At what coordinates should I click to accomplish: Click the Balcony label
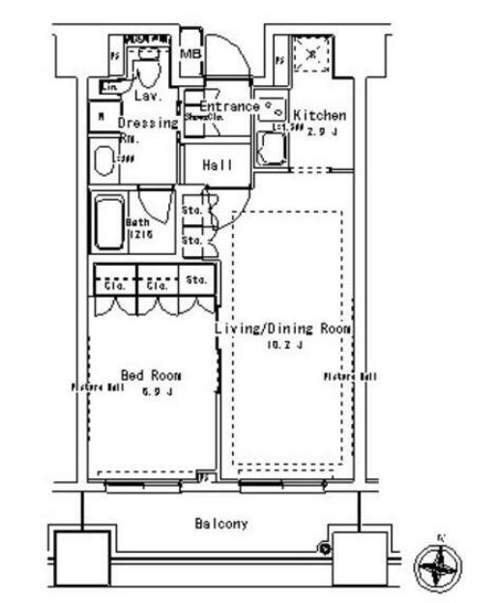tap(220, 524)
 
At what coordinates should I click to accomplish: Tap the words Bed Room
tap(152, 374)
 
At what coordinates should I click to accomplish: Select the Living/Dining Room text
tap(281, 329)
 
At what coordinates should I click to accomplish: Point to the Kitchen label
tap(319, 115)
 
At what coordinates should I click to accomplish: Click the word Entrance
tap(229, 106)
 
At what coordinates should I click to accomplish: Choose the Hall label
tap(218, 165)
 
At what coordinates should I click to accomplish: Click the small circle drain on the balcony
tap(326, 549)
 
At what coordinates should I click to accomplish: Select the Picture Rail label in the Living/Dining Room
tap(350, 376)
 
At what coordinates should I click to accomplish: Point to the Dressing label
tap(148, 123)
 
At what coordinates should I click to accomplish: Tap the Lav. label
tap(147, 97)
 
